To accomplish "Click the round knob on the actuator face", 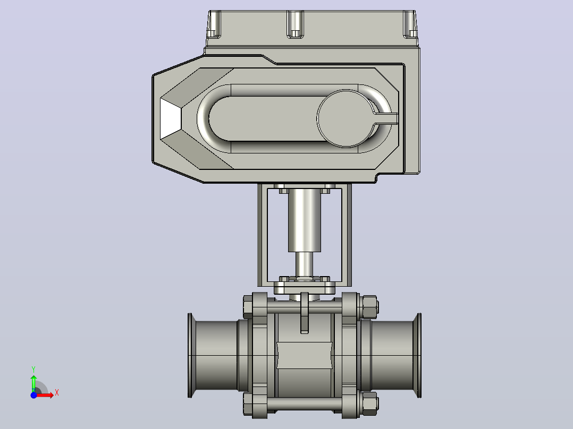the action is [346, 118].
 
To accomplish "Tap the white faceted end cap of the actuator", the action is [170, 118].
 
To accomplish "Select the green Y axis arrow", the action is [33, 383].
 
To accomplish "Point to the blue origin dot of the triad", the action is [33, 395].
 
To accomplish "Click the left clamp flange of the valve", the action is [190, 355].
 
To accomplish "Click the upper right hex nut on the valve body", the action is [369, 307].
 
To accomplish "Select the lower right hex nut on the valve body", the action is [369, 404].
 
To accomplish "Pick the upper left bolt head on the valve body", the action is [248, 307].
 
